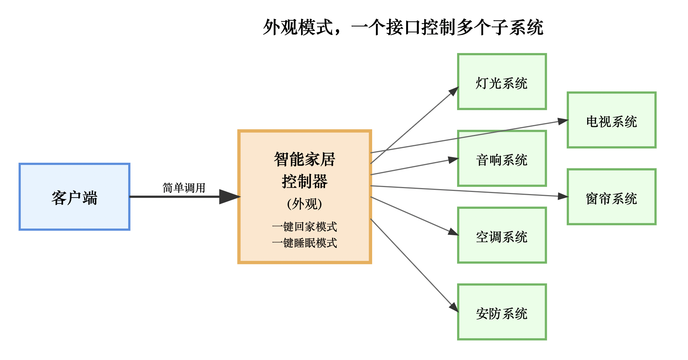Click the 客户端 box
click(74, 197)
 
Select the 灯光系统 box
click(502, 82)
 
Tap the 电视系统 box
click(611, 120)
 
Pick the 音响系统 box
click(502, 159)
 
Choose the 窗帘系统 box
click(611, 197)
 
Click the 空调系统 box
click(502, 235)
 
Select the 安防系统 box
click(502, 312)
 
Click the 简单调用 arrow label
click(184, 188)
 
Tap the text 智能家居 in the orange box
click(305, 160)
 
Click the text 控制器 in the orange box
click(305, 181)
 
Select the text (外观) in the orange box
click(305, 204)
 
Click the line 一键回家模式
click(305, 227)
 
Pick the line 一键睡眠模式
click(305, 243)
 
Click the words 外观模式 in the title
click(298, 27)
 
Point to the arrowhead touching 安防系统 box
click(454, 307)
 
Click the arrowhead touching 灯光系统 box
click(454, 91)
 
